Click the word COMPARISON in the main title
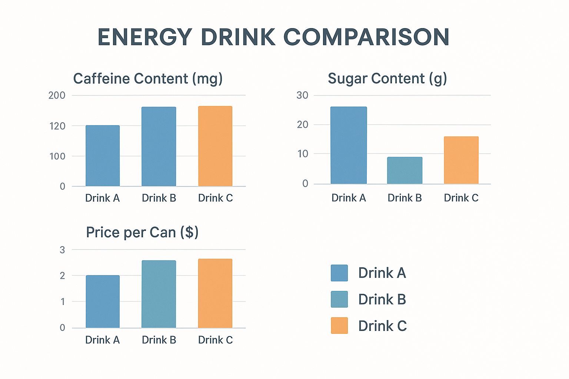[366, 37]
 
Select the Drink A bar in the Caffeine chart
[103, 155]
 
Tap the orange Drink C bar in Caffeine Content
[215, 146]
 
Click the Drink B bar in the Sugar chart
[405, 170]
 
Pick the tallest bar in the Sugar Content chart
[349, 145]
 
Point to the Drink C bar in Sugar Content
[461, 160]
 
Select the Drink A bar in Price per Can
[103, 301]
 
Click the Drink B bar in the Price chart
[159, 294]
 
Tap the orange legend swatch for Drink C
[339, 326]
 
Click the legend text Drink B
[382, 299]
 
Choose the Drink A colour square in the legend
[339, 273]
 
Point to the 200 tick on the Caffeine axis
[57, 95]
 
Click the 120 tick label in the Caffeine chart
[57, 126]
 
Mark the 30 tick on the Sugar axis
[302, 95]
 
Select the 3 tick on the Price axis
[62, 250]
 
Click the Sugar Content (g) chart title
[387, 78]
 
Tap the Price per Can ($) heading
[142, 232]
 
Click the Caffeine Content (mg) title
[147, 78]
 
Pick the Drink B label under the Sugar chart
[405, 198]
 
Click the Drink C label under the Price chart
[215, 340]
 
